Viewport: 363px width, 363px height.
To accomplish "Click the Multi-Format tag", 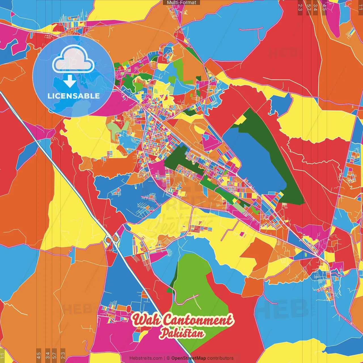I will pos(181,3).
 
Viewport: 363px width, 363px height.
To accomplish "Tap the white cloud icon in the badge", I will pos(73,60).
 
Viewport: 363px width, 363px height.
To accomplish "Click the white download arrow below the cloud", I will pos(69,81).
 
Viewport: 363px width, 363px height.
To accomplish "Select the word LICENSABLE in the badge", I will pos(74,96).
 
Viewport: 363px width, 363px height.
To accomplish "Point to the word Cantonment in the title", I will pos(199,320).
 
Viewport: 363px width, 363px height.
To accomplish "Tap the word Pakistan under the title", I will pos(182,333).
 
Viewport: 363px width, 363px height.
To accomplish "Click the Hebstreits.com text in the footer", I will pos(146,358).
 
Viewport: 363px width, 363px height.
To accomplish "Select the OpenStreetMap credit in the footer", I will pos(188,358).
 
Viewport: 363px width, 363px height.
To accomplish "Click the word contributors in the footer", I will pos(220,358).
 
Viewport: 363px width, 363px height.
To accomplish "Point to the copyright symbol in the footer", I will pos(168,358).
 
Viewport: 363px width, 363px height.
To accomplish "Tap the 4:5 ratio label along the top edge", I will pos(324,7).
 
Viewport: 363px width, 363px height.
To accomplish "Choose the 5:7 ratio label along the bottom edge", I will pos(54,355).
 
